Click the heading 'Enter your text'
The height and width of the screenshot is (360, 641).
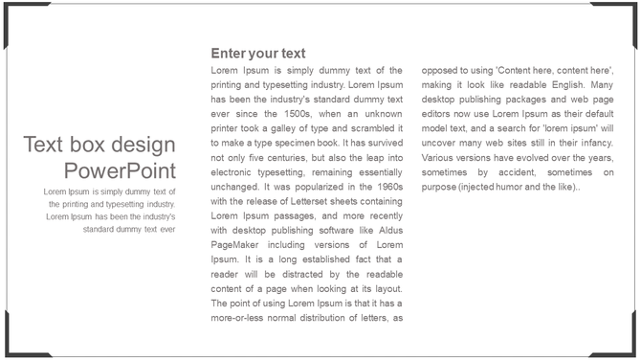(x=257, y=54)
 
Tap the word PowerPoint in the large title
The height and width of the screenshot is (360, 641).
(x=120, y=170)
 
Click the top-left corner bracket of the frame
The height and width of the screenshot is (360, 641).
(x=11, y=11)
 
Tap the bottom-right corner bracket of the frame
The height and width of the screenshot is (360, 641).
(x=629, y=348)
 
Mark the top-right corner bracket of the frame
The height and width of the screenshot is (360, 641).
(x=629, y=11)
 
